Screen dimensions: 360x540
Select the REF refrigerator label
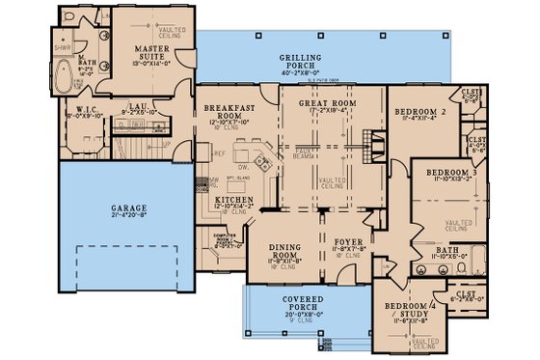[219, 152]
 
